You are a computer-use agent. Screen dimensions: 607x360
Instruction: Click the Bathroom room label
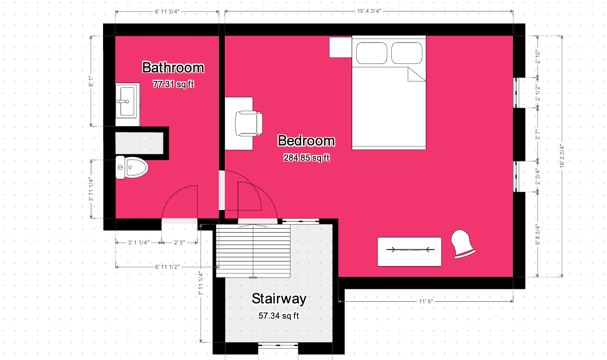click(173, 67)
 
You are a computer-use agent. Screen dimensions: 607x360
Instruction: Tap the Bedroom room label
click(306, 140)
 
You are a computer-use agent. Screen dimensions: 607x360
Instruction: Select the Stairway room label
click(279, 298)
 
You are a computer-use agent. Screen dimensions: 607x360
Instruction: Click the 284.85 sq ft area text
click(306, 157)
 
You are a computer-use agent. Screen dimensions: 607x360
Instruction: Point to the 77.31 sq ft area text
click(173, 84)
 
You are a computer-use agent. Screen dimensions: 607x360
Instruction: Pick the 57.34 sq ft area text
click(279, 316)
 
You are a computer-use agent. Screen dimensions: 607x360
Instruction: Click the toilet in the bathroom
click(132, 168)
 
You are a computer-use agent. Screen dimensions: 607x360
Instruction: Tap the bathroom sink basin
click(127, 101)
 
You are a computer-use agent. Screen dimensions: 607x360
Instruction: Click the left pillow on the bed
click(371, 53)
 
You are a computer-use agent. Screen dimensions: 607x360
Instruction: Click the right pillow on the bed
click(407, 53)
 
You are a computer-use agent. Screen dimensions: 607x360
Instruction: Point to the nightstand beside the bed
click(340, 47)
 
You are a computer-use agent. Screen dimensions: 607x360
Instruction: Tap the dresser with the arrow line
click(409, 252)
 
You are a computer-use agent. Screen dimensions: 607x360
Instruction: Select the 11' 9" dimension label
click(425, 301)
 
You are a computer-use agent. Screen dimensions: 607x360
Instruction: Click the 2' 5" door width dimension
click(179, 243)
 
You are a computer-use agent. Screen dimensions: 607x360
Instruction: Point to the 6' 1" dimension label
click(91, 82)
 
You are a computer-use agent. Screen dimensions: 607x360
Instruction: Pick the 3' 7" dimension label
click(537, 134)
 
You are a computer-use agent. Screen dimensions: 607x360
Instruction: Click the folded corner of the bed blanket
click(417, 74)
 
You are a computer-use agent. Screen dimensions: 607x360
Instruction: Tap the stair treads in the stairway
click(253, 251)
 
